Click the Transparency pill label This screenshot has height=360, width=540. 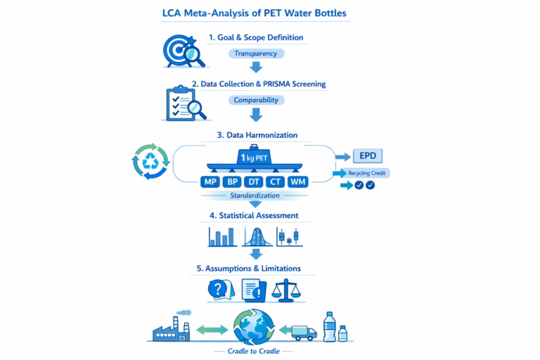click(256, 53)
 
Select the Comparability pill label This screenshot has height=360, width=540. click(256, 100)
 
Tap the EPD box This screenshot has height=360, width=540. click(368, 156)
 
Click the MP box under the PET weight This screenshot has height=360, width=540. click(210, 182)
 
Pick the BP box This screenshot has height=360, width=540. click(232, 182)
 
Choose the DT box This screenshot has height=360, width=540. click(255, 182)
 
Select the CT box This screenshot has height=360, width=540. click(277, 182)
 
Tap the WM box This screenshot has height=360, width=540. click(299, 182)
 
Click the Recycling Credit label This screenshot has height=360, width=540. click(368, 172)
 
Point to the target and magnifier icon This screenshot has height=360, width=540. click(183, 51)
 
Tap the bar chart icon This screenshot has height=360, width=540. click(222, 236)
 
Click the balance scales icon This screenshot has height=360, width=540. click(288, 288)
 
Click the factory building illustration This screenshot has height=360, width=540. click(172, 326)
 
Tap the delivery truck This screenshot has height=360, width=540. click(302, 330)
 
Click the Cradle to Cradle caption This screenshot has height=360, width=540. click(255, 350)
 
